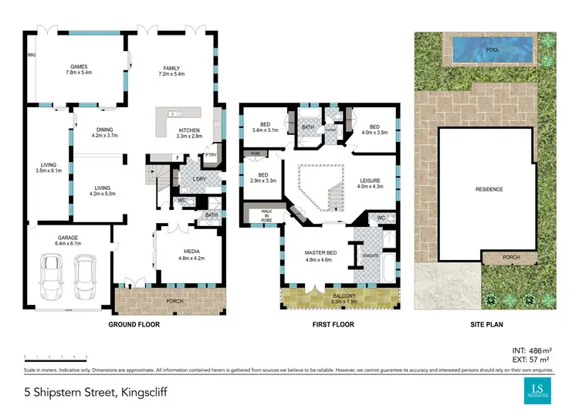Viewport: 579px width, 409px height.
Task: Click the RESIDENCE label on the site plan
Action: coord(489,189)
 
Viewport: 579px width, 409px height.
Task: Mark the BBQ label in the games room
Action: coord(32,55)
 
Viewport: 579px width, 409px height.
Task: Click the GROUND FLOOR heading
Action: coord(134,325)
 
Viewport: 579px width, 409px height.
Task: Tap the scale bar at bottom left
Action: coord(56,357)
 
